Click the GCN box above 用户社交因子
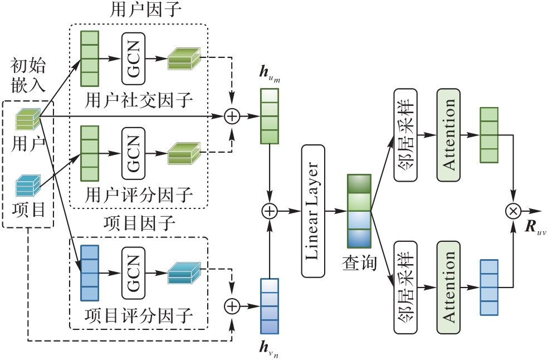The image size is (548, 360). [x=133, y=58]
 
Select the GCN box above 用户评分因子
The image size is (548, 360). [x=133, y=153]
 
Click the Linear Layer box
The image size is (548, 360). [x=313, y=211]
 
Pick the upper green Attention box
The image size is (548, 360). [x=449, y=134]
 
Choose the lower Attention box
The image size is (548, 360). [x=449, y=288]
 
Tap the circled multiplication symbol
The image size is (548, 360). [x=512, y=211]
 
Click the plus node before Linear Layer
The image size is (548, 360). [x=270, y=211]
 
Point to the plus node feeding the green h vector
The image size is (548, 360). [x=232, y=116]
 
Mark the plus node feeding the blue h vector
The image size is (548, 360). [x=232, y=305]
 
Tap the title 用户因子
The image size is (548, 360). [x=139, y=11]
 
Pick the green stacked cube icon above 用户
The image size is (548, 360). [x=28, y=118]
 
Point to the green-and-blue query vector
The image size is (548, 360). [x=359, y=211]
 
